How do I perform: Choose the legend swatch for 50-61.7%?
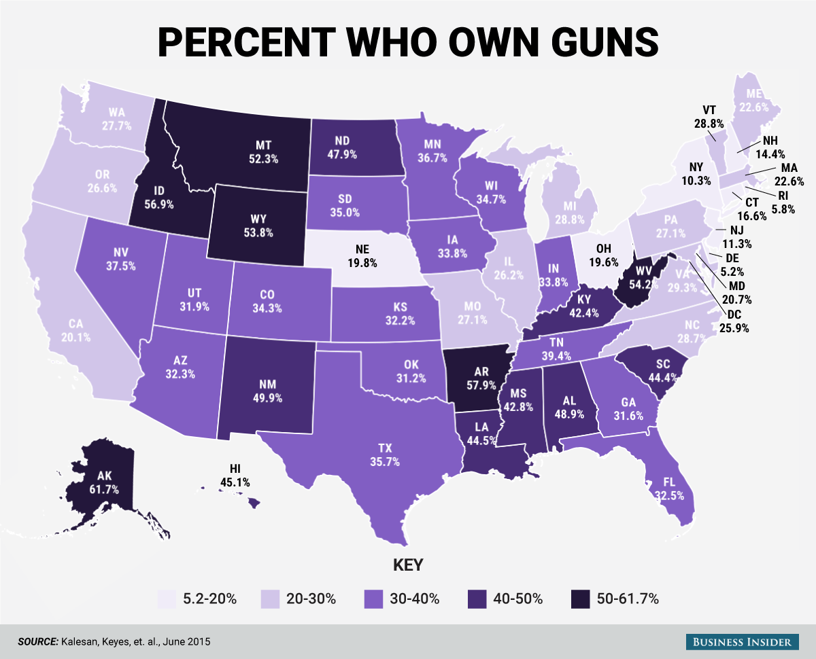pos(579,599)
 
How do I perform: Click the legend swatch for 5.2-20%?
pos(166,599)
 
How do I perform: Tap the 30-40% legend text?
pos(414,599)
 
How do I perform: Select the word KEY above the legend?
pos(408,565)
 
